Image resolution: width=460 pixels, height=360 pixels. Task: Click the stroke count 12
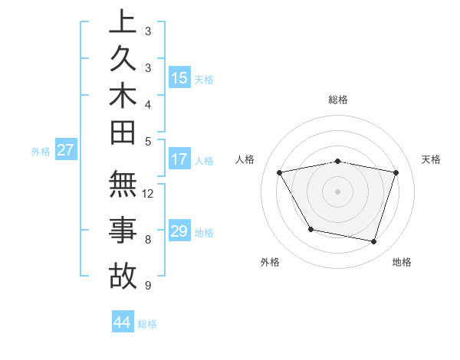[x=149, y=194]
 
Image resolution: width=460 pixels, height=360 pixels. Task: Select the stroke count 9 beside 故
[x=147, y=286]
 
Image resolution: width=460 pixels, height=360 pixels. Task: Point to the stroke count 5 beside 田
[x=147, y=140]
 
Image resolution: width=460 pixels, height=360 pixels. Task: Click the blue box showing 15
[x=179, y=77]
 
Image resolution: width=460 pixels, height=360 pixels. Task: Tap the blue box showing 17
[x=179, y=160]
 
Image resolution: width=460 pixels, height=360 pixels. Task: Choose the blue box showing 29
[x=179, y=231]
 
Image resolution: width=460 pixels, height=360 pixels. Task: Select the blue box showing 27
[x=65, y=150]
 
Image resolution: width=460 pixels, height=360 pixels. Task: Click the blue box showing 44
[x=123, y=322]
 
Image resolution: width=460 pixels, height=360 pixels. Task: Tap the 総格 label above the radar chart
[x=337, y=100]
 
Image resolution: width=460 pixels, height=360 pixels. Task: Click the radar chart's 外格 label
[x=270, y=262]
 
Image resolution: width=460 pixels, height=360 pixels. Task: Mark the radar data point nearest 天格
[x=396, y=172]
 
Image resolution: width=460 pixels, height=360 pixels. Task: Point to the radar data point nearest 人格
[x=279, y=172]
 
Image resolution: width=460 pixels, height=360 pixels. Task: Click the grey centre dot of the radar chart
[x=337, y=191]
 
